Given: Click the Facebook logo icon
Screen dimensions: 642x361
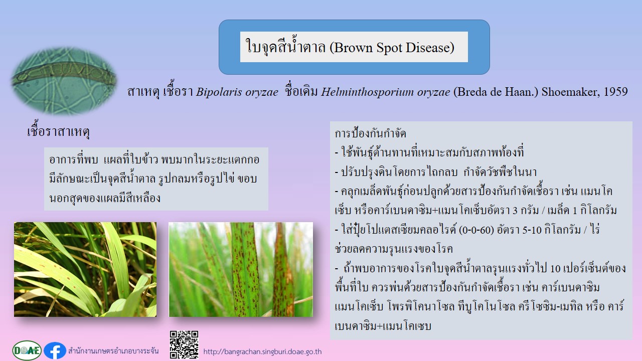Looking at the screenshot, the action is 55,350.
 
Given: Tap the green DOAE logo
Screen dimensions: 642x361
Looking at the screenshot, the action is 27,350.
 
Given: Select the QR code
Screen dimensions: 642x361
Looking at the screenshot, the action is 184,345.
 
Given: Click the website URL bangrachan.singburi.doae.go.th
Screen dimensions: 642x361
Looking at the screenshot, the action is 262,351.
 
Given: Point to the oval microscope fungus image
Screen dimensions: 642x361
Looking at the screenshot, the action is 64,81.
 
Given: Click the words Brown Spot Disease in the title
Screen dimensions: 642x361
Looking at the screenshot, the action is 392,48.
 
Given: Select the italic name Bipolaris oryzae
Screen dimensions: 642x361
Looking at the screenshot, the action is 237,92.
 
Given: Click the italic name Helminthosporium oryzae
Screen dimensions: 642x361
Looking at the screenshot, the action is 386,92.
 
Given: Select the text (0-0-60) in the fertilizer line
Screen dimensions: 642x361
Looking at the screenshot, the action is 476,230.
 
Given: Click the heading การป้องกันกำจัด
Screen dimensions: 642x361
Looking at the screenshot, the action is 370,133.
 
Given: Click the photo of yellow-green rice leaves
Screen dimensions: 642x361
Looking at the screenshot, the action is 85,269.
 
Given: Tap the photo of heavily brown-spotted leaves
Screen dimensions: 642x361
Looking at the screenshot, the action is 241,269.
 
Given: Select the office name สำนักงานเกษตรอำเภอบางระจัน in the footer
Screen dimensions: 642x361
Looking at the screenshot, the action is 113,350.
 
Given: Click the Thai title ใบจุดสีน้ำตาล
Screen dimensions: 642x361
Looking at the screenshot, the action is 286,47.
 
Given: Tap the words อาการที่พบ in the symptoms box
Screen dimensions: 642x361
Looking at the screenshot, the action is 74,159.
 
